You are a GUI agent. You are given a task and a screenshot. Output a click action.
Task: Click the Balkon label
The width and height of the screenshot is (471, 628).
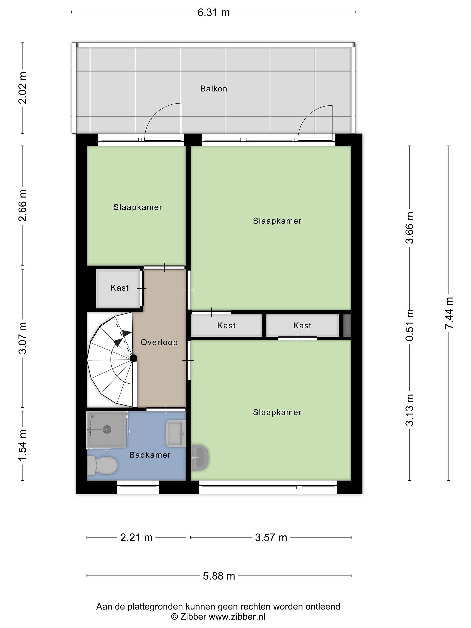[213, 89]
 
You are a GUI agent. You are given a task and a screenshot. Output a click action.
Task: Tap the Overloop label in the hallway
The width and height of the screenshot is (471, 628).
[159, 342]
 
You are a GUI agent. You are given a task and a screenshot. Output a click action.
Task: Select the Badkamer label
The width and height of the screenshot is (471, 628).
[150, 455]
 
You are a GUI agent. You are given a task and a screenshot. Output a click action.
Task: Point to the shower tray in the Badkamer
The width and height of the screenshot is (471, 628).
[106, 430]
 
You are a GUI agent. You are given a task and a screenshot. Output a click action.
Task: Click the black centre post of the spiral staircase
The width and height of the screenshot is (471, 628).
[133, 358]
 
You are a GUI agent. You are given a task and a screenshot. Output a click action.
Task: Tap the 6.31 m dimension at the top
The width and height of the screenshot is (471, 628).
[213, 12]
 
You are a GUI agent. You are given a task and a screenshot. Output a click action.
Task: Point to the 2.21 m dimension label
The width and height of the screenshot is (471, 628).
[136, 538]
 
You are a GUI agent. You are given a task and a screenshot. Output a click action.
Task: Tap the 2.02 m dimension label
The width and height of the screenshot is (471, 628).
[22, 88]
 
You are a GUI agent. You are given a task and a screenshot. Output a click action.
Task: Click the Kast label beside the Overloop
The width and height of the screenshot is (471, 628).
[119, 288]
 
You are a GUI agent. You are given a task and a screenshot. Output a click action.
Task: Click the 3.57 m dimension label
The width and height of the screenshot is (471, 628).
[271, 538]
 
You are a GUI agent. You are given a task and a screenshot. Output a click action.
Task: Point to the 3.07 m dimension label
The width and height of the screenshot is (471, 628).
[22, 338]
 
